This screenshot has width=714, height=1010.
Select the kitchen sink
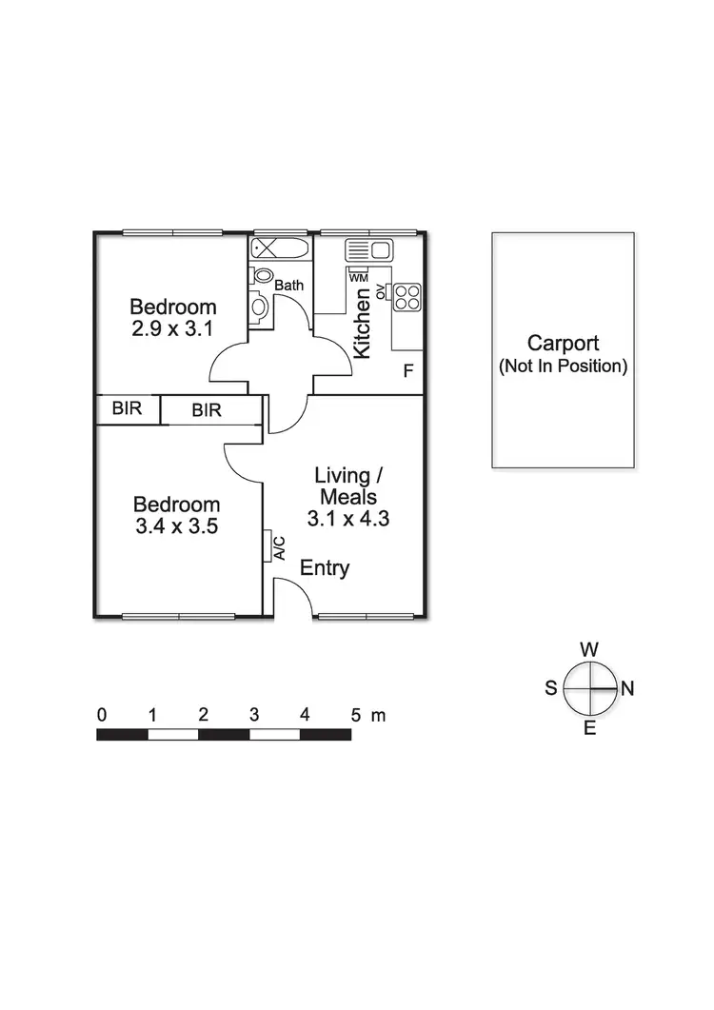(x=369, y=250)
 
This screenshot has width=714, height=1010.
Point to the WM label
(x=358, y=278)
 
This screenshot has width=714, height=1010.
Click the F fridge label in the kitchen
(x=407, y=371)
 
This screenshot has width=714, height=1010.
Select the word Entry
(x=325, y=568)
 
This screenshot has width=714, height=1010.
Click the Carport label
(x=563, y=344)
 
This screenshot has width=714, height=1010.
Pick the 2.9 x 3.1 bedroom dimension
(x=173, y=328)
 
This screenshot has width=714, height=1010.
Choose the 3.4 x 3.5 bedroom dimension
(x=176, y=525)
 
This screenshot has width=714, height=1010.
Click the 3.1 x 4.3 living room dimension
(x=347, y=519)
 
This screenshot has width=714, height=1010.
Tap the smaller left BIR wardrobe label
(x=127, y=410)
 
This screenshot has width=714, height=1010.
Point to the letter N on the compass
(x=627, y=689)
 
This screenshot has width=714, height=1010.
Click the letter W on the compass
(x=589, y=649)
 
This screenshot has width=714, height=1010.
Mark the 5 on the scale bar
(x=355, y=714)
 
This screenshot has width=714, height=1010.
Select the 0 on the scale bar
(x=101, y=714)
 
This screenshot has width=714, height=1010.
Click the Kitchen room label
(x=362, y=324)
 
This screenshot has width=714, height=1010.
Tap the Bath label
(x=288, y=285)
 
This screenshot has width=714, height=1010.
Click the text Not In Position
(x=563, y=366)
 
